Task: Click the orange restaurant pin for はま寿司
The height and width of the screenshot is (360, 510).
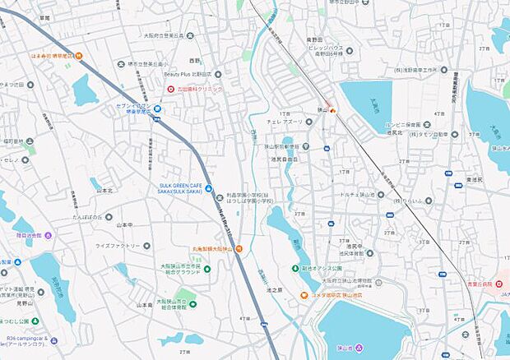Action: point(79,56)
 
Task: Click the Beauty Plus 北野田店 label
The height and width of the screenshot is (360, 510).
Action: point(191,74)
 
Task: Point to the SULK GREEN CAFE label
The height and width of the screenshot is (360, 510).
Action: point(183,187)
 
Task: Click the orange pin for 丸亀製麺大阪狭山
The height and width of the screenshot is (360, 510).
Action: point(239,248)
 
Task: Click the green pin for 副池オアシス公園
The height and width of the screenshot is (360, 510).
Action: point(295,269)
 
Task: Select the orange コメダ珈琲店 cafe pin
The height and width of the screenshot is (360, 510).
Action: point(304,294)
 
